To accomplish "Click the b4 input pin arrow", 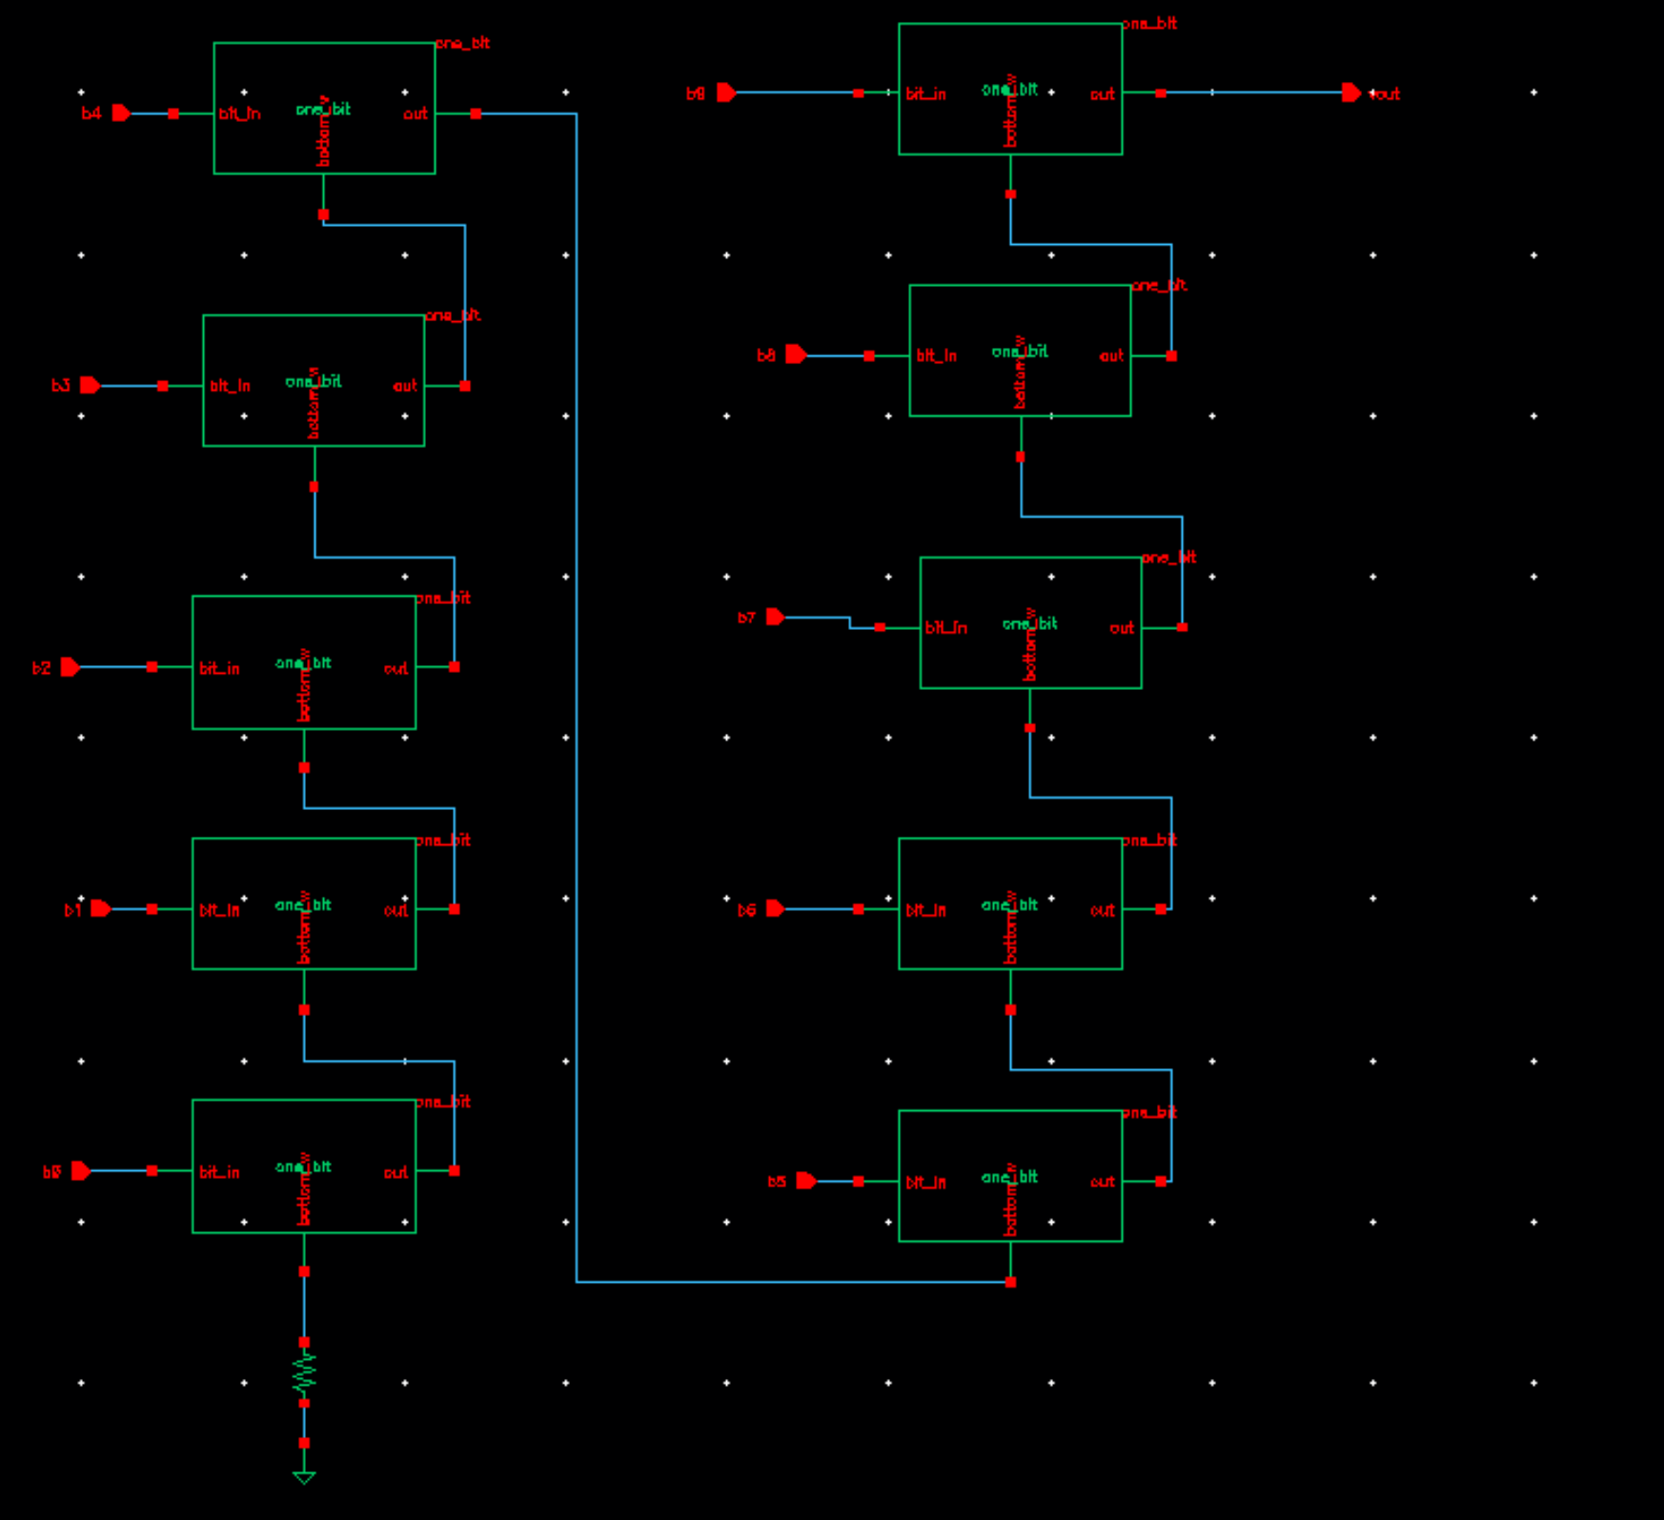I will coord(121,113).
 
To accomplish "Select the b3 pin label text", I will coord(60,386).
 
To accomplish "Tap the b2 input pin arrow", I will coord(70,667).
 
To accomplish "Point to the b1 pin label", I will coord(72,910).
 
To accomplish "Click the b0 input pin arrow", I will coord(81,1171).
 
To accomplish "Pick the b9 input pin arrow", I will coord(726,92).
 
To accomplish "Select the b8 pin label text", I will coord(766,355).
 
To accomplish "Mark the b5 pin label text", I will coord(777,1182).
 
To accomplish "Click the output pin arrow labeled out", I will coord(1351,92).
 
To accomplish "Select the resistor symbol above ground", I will coord(304,1373).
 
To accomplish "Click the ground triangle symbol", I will coord(304,1478).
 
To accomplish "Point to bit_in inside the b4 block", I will coord(239,113).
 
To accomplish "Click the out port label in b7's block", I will coord(1122,628).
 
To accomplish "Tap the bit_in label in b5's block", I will coord(925,1183).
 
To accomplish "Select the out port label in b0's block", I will coord(396,1172).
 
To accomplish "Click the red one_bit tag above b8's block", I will coord(1159,285).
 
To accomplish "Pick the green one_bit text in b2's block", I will coord(303,662).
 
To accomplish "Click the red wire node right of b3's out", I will coord(465,386).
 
